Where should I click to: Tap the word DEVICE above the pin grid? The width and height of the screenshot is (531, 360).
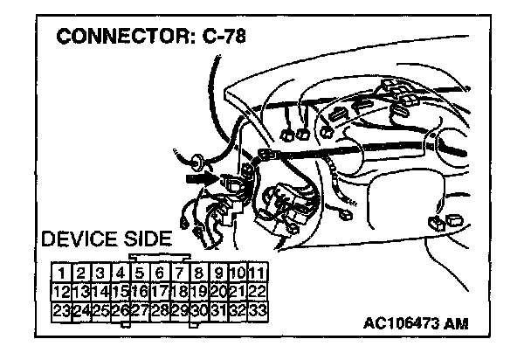(x=83, y=239)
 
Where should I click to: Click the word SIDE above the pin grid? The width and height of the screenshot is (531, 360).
(x=148, y=239)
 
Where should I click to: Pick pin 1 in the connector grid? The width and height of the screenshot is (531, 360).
(x=60, y=273)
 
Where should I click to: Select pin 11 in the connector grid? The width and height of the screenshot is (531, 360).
(x=257, y=273)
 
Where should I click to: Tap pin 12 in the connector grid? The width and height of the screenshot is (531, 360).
(x=60, y=291)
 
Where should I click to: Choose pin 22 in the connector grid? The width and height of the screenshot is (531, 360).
(x=257, y=291)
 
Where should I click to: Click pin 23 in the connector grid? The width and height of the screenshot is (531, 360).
(x=60, y=309)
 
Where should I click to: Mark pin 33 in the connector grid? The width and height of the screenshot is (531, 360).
(x=257, y=309)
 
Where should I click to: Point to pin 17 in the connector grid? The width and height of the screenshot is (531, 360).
(x=159, y=291)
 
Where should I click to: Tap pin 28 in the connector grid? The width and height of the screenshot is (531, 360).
(x=159, y=309)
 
